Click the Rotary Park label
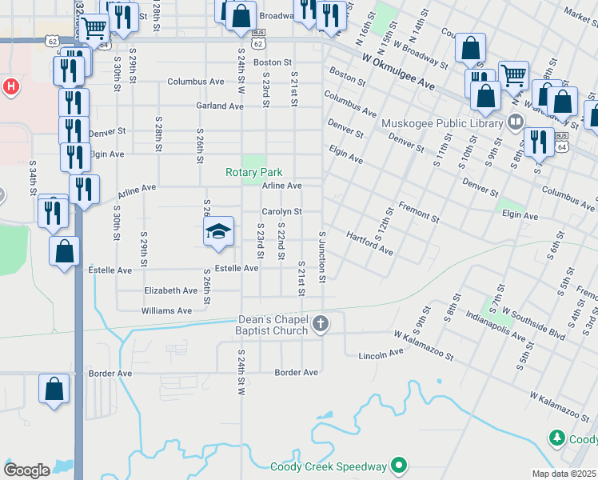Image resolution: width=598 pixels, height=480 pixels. pyautogui.click(x=253, y=172)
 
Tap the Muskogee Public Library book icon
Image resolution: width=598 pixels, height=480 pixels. pyautogui.click(x=516, y=122)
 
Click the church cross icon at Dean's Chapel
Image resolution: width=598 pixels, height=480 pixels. pyautogui.click(x=321, y=324)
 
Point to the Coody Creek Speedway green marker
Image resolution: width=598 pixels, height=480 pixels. pyautogui.click(x=399, y=466)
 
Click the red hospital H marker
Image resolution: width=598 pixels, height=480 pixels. pyautogui.click(x=11, y=86)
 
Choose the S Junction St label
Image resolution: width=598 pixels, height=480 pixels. pyautogui.click(x=322, y=256)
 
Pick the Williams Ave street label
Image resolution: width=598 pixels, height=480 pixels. pyautogui.click(x=167, y=310)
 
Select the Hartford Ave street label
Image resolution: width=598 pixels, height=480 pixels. pyautogui.click(x=369, y=243)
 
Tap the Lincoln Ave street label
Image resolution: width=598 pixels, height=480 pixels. pyautogui.click(x=381, y=354)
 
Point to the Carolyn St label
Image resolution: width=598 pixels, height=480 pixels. pyautogui.click(x=281, y=212)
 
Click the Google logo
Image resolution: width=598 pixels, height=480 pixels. pyautogui.click(x=27, y=470)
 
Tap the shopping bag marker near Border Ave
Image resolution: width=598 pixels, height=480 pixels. pyautogui.click(x=54, y=390)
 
